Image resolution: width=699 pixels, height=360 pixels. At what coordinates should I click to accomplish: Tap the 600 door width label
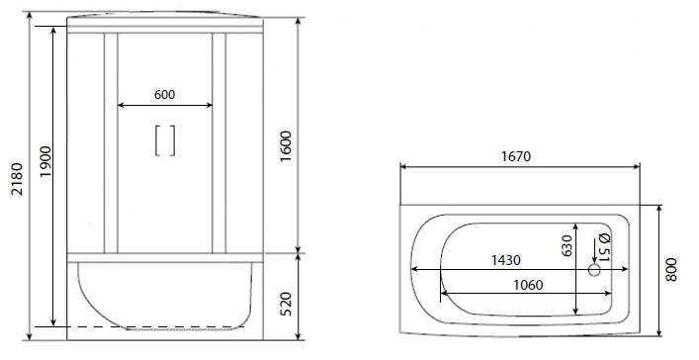pyautogui.click(x=165, y=95)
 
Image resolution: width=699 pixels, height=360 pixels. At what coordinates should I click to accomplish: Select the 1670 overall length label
pyautogui.click(x=518, y=156)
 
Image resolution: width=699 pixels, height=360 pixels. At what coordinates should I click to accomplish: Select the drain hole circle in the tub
pyautogui.click(x=595, y=269)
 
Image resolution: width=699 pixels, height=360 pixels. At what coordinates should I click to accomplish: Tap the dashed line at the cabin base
pyautogui.click(x=148, y=326)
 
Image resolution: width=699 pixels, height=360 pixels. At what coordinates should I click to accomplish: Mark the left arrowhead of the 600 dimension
pyautogui.click(x=122, y=105)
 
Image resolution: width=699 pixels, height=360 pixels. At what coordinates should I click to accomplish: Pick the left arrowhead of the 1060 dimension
pyautogui.click(x=443, y=292)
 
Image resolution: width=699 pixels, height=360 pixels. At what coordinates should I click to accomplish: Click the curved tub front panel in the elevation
pyautogui.click(x=163, y=297)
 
